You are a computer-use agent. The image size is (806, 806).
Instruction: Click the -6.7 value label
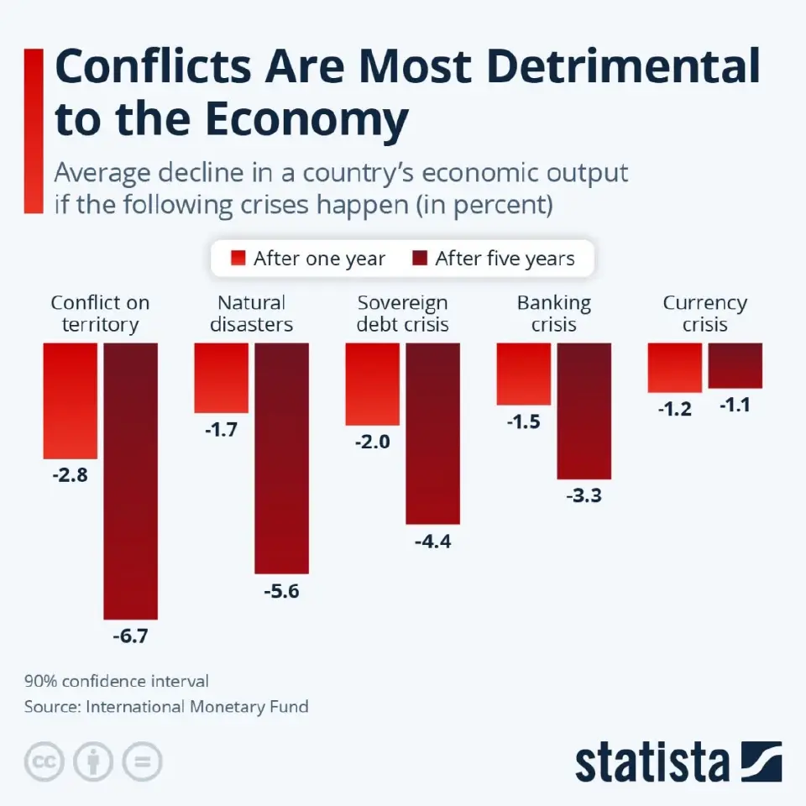130,636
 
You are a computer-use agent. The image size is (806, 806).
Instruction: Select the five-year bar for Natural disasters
281,458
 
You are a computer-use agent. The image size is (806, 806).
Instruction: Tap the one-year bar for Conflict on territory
71,400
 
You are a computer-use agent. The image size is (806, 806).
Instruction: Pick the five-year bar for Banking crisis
584,411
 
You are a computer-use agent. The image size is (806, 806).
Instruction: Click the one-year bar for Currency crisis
674,367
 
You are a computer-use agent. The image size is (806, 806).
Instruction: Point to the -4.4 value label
432,542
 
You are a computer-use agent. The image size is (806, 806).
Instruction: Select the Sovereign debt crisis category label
402,313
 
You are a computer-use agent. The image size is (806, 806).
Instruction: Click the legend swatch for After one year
238,258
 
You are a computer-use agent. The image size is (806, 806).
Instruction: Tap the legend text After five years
505,259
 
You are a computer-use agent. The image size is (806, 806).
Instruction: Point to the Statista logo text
652,762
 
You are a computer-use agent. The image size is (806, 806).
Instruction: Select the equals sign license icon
142,762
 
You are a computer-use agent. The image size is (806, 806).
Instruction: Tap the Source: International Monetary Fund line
166,707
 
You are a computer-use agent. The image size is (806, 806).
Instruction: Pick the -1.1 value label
735,405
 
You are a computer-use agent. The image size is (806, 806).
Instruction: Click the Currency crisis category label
704,313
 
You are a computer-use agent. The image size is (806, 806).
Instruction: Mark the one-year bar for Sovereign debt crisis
372,384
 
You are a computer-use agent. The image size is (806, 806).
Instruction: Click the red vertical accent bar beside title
34,131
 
